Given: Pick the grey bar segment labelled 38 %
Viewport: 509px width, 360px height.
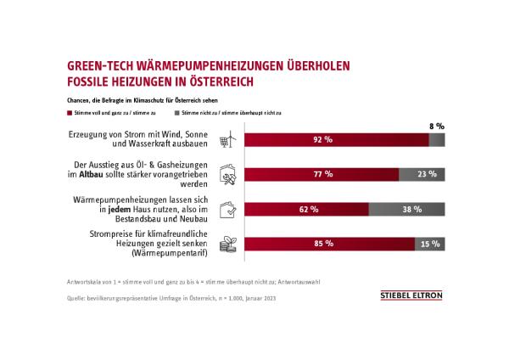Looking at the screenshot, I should pos(406,209).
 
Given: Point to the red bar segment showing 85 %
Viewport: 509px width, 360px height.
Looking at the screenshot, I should pos(329,243).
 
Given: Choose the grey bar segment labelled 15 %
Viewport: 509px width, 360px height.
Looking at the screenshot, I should pos(429,243).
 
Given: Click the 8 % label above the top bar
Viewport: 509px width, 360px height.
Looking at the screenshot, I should pos(435,125).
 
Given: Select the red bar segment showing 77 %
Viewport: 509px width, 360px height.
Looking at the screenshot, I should pos(322,175).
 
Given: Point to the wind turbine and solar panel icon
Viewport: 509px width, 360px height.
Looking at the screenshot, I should pos(227,141).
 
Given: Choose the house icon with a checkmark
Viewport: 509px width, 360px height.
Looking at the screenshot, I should pos(227,209).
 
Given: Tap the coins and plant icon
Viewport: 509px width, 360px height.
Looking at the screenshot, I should pos(227,243).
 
